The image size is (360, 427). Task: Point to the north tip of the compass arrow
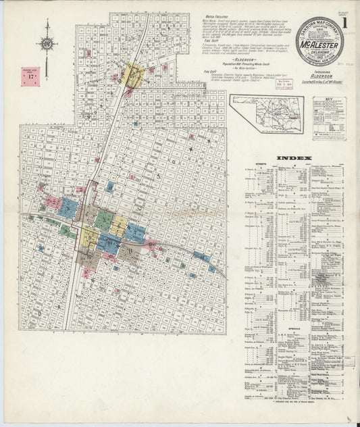pos(48,22)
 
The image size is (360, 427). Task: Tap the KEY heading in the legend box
pos(330,99)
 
